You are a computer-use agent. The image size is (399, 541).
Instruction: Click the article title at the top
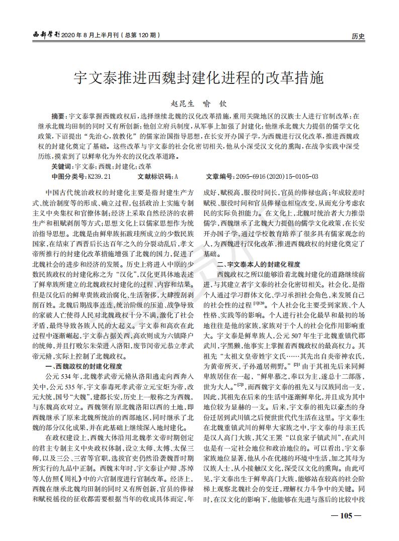pyautogui.click(x=199, y=77)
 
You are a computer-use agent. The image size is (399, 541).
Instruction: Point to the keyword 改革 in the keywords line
pyautogui.click(x=144, y=165)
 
